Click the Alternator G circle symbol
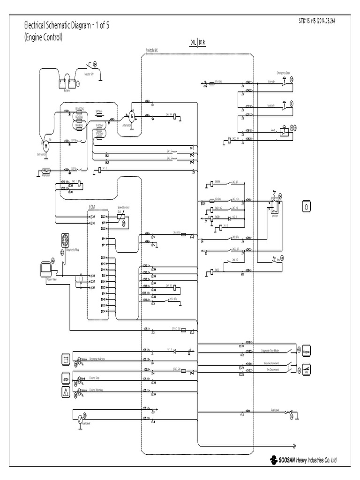click(x=131, y=115)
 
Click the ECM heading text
click(x=92, y=206)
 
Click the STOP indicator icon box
click(x=66, y=378)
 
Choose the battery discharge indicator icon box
click(x=66, y=360)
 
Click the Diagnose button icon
click(x=307, y=351)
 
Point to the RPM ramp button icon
click(x=307, y=369)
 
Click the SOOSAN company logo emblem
click(x=274, y=459)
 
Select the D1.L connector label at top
click(x=193, y=43)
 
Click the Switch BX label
click(x=152, y=49)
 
